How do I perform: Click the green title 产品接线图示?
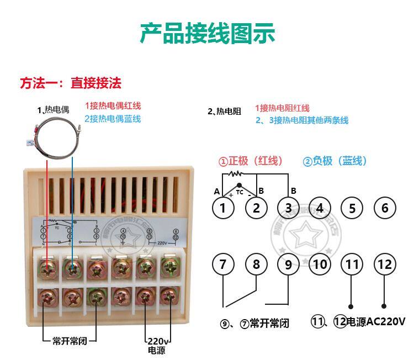[207, 33]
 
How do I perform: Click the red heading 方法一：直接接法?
[71, 83]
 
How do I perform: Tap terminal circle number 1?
[223, 208]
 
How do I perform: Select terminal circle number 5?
[352, 208]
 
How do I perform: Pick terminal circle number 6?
[385, 208]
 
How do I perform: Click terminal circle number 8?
[256, 264]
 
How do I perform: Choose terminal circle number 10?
[320, 264]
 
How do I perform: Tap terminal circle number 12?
[385, 264]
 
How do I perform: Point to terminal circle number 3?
[289, 208]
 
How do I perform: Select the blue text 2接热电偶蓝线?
[112, 119]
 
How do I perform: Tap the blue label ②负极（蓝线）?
[335, 161]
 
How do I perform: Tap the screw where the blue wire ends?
[72, 269]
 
